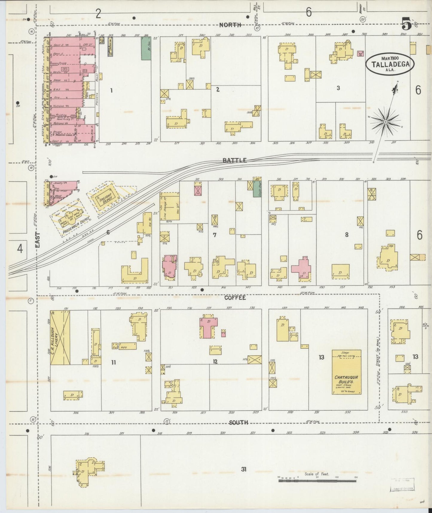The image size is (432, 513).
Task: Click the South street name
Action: coord(239,423)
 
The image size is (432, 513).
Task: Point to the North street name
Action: coord(230,25)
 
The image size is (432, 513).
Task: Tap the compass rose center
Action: coord(385,122)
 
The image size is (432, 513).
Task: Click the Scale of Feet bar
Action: coord(317,481)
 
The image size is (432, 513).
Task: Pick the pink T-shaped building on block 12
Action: coord(208,327)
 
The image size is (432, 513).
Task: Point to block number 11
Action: coord(113,362)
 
